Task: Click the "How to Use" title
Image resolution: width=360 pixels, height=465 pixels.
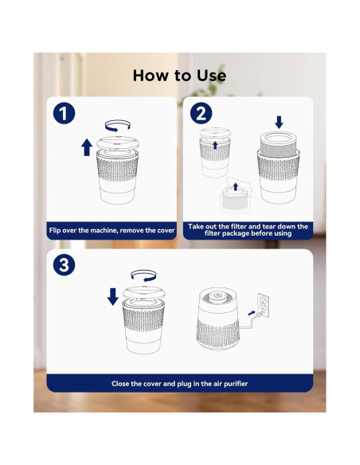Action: tap(179, 76)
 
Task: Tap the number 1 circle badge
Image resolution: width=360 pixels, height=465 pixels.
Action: tap(64, 113)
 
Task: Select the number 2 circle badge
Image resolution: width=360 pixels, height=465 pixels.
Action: tap(201, 113)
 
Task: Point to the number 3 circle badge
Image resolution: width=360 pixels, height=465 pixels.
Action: tap(64, 265)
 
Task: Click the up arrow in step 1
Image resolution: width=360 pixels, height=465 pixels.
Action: tap(87, 147)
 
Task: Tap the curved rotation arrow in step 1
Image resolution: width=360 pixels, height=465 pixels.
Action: tap(117, 126)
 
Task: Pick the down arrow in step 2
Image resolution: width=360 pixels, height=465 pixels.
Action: tap(279, 122)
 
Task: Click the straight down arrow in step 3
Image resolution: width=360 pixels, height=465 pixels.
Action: tap(112, 296)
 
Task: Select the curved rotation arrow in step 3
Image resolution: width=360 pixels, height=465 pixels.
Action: tap(144, 275)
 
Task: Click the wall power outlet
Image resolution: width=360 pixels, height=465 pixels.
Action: tap(263, 305)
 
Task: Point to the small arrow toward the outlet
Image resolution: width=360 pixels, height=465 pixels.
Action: tap(251, 313)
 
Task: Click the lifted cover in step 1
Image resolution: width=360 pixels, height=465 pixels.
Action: tap(118, 143)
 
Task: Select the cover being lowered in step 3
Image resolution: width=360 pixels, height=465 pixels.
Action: tap(144, 293)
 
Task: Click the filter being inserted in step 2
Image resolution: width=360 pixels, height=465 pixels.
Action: tap(279, 144)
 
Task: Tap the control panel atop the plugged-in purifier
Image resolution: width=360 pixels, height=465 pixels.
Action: tap(217, 297)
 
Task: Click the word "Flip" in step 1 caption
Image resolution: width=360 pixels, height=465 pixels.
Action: tap(55, 230)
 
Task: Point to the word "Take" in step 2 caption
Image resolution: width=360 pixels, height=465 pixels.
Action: tap(194, 226)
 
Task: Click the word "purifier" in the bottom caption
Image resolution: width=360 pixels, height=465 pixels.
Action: tap(236, 384)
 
